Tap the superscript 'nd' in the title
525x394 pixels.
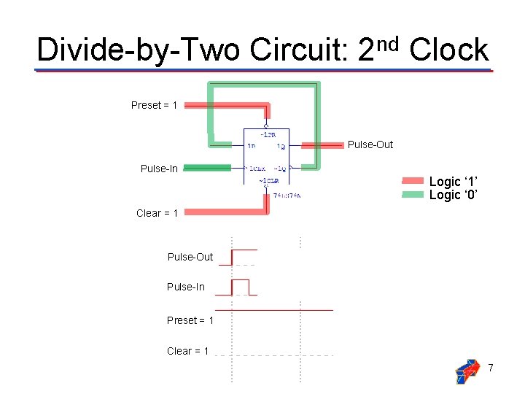tap(390, 44)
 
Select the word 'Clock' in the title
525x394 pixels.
tap(448, 50)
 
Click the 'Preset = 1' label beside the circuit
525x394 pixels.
tap(154, 105)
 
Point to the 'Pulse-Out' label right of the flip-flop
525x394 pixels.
tap(370, 144)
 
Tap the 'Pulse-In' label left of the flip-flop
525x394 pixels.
tap(159, 169)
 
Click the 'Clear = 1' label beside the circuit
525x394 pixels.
tap(157, 213)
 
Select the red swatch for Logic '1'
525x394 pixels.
tap(413, 181)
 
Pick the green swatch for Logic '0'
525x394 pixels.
tap(413, 195)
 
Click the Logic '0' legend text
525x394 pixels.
tap(454, 195)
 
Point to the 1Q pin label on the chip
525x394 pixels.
tap(281, 147)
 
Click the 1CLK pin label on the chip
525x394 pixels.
tap(257, 169)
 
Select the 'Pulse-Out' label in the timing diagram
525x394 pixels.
tap(190, 257)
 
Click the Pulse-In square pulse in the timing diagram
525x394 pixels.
tap(240, 286)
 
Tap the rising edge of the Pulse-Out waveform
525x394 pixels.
tap(232, 257)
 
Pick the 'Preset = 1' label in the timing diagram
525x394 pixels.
tap(190, 320)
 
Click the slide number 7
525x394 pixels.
tap(491, 368)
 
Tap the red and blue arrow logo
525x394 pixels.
tap(467, 371)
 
